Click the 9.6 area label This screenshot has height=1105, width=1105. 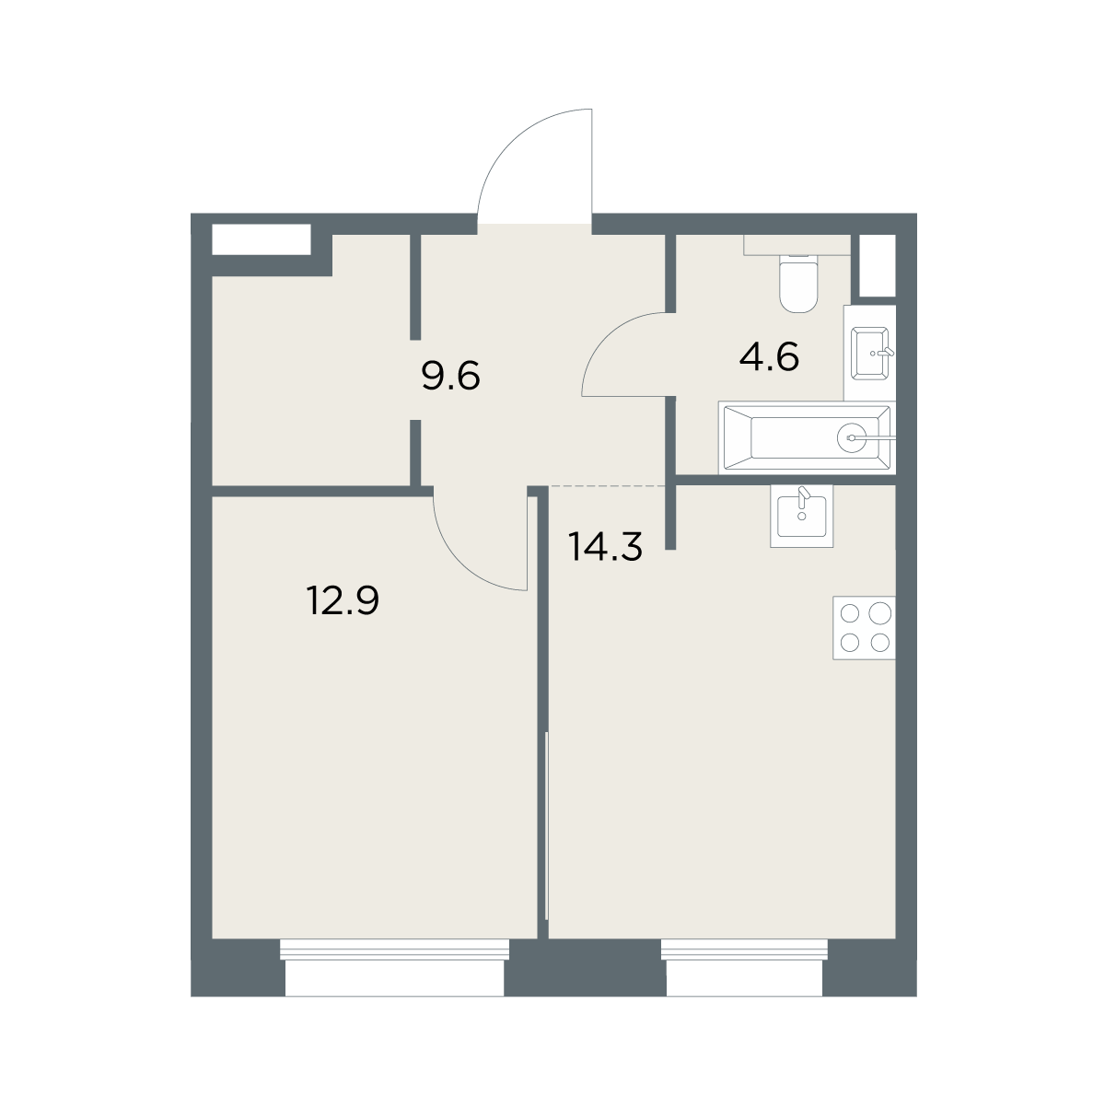coord(450,377)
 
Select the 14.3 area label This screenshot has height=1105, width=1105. coord(605,546)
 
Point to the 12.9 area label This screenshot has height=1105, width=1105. coord(343,600)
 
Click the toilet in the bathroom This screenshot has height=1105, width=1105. coord(798,284)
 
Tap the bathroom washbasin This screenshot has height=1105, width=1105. coord(870,354)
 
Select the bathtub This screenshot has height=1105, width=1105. coord(807,438)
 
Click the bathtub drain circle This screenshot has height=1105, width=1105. coord(852,438)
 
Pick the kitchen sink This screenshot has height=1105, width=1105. coord(802,516)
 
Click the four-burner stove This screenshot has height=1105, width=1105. coord(864,628)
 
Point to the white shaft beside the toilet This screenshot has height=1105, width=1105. coord(878,265)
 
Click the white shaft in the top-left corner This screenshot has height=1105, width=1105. coord(262,239)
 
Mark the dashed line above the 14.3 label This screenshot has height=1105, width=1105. coord(608,486)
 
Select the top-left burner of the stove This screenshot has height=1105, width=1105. coord(850,614)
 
